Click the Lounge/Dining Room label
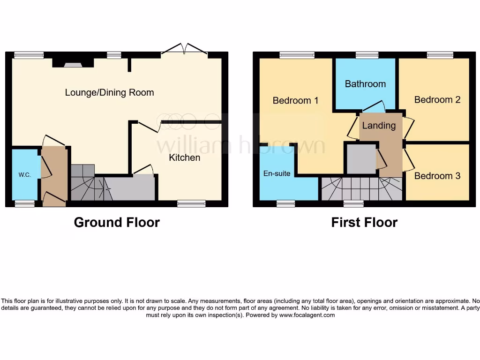[109, 92]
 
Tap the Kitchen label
[185, 157]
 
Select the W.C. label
[25, 175]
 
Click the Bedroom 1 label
[295, 100]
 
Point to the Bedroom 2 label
[437, 99]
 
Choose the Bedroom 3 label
[437, 176]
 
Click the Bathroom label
[365, 84]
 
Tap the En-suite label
[277, 173]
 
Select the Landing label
[379, 125]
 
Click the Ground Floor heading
[117, 222]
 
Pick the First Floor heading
[364, 222]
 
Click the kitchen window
[191, 203]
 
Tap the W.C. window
[24, 203]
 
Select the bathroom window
[367, 55]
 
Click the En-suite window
[285, 203]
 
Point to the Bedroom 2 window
[440, 55]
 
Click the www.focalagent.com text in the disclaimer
[307, 315]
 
